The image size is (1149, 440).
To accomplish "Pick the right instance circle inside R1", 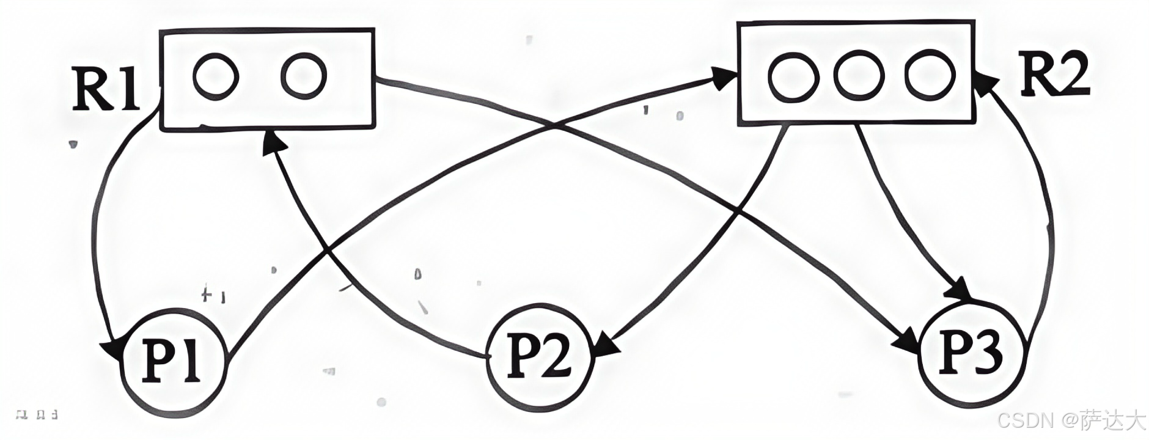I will pyautogui.click(x=303, y=76).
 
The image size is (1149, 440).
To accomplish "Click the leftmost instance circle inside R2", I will pyautogui.click(x=793, y=80).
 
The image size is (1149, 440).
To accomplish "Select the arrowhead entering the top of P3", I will pyautogui.click(x=958, y=289).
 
